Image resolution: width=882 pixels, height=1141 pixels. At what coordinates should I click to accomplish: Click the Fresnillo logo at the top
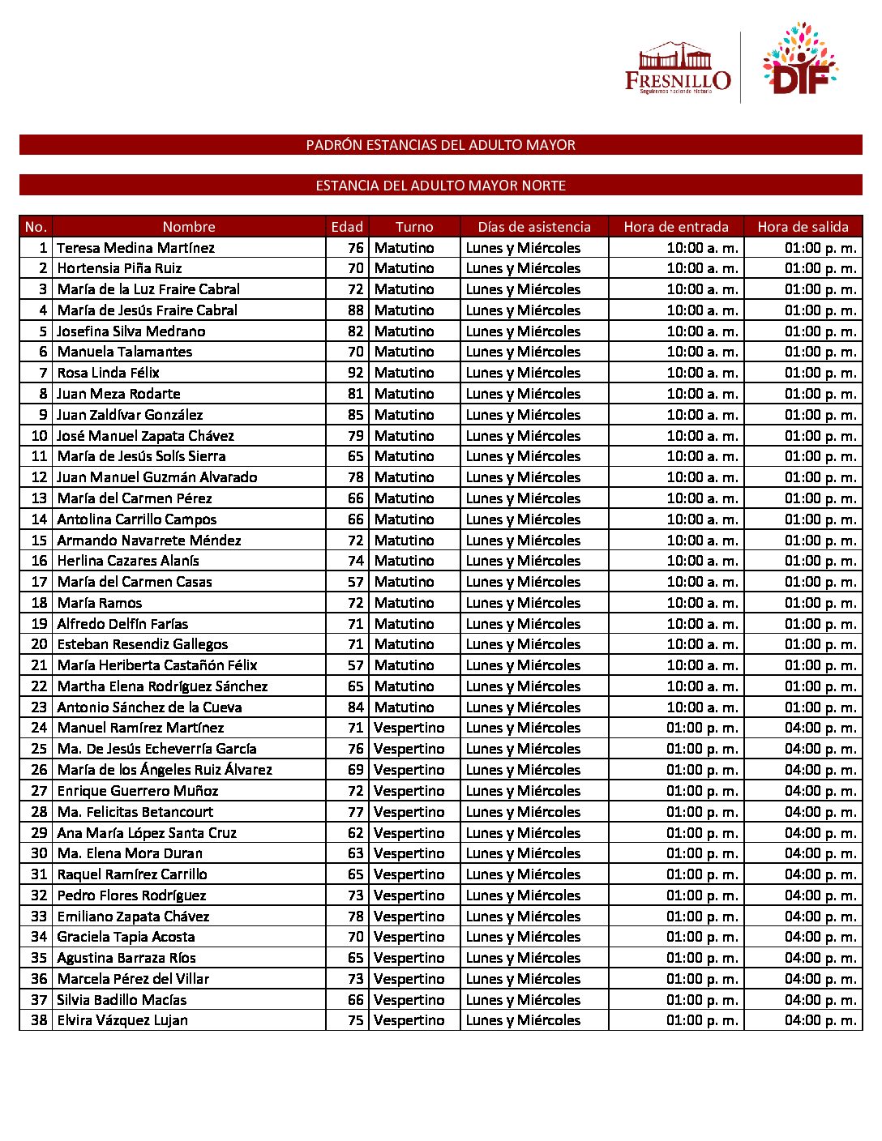click(678, 69)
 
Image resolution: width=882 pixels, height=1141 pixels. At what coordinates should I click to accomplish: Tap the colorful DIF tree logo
click(799, 61)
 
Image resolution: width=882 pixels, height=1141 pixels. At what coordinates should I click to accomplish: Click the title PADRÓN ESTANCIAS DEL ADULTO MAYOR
click(441, 145)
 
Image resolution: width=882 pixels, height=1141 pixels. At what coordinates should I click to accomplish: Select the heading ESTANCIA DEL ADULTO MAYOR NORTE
click(441, 186)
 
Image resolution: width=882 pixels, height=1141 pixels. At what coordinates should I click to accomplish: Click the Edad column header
click(347, 227)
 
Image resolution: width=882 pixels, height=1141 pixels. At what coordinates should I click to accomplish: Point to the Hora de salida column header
click(803, 227)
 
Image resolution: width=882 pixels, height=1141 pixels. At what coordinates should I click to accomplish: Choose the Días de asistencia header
click(534, 227)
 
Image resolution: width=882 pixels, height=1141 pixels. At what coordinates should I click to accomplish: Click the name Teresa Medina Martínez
click(136, 248)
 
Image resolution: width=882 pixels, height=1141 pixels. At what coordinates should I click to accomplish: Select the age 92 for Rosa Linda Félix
click(356, 373)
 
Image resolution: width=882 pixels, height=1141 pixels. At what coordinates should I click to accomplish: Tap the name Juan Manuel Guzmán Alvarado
click(157, 477)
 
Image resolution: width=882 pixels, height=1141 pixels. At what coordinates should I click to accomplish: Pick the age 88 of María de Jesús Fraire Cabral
click(356, 310)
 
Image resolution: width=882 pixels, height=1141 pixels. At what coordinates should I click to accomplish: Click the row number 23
click(39, 707)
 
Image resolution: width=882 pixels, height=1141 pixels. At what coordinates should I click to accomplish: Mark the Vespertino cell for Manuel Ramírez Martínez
click(409, 728)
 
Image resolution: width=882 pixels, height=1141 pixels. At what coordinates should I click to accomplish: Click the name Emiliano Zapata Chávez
click(134, 917)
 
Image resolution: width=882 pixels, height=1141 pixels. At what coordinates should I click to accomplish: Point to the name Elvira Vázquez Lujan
click(122, 1020)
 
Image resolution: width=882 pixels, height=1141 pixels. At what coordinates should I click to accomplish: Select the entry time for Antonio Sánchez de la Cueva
click(702, 707)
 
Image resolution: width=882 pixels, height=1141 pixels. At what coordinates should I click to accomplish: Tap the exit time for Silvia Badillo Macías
click(820, 1000)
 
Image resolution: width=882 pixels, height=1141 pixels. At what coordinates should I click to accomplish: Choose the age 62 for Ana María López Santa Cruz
click(356, 833)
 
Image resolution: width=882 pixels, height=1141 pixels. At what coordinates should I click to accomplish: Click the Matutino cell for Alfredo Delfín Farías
click(405, 624)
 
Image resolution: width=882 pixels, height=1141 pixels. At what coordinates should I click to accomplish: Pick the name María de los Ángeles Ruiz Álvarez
click(165, 770)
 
